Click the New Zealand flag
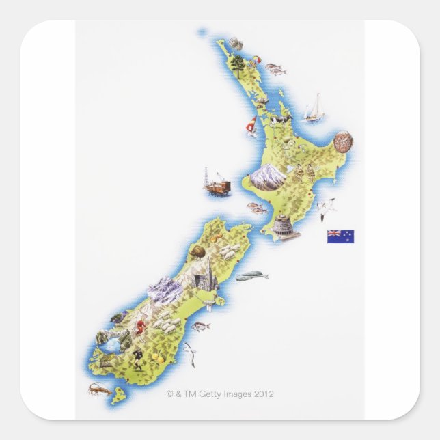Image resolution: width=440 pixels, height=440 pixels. click(x=340, y=236)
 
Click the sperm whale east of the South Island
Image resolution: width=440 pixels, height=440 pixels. click(x=251, y=276)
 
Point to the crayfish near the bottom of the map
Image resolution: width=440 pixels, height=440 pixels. click(x=98, y=389)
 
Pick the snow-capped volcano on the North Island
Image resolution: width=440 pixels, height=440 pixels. click(x=267, y=178)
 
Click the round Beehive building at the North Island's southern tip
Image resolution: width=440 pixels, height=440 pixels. click(x=281, y=226)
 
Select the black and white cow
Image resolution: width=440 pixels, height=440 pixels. click(x=280, y=122)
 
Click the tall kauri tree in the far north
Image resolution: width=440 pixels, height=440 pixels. click(x=237, y=64)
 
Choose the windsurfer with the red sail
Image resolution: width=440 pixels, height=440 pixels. click(x=251, y=126)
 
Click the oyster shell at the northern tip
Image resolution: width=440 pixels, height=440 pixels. click(x=236, y=44)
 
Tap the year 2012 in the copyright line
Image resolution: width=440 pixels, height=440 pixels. click(x=264, y=394)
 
